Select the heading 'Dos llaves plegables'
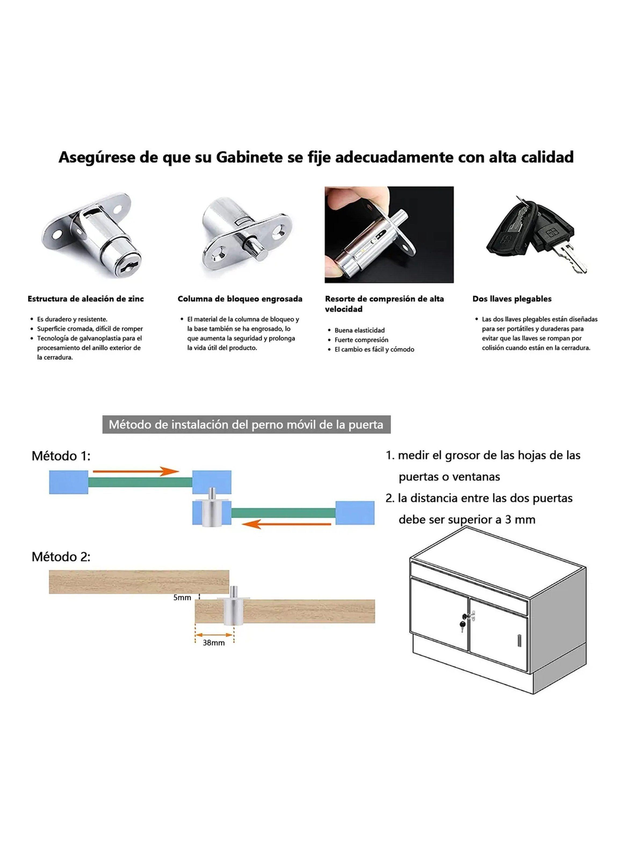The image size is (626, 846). click(x=512, y=299)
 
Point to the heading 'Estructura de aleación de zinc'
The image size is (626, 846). click(x=86, y=299)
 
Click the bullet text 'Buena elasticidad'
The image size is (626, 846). click(x=359, y=330)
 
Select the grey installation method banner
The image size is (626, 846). click(x=246, y=425)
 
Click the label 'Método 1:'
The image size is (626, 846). click(x=61, y=456)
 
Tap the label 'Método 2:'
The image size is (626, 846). click(x=61, y=557)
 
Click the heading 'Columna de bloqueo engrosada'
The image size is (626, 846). click(x=240, y=299)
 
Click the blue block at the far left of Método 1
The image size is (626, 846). click(x=68, y=482)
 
